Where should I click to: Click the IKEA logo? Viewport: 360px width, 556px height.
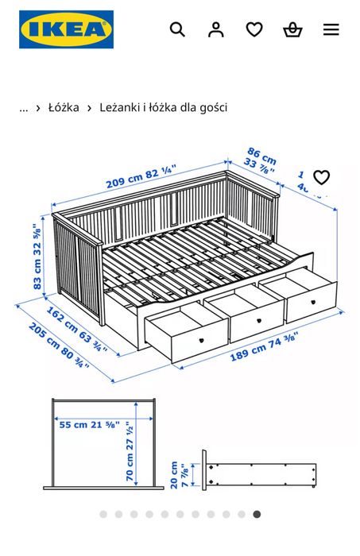tap(67, 29)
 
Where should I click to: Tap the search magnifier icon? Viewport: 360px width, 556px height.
tap(177, 29)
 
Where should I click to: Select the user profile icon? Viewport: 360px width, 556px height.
tap(215, 29)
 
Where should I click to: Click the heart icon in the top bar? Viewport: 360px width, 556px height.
tap(254, 29)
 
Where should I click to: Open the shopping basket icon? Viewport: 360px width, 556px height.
tap(292, 29)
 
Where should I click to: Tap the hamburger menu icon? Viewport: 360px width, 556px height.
tap(331, 29)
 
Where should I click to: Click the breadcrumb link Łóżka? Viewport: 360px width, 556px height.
tap(64, 107)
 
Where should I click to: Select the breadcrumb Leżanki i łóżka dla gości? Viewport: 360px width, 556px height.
tap(163, 107)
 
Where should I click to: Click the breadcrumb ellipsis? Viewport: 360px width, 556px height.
tap(23, 107)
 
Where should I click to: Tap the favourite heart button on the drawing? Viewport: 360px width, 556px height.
tap(321, 177)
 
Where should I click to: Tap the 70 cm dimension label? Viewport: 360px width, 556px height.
tap(130, 452)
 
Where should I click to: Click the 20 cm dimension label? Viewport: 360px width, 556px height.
tap(183, 476)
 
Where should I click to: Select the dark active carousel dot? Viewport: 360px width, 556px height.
tap(257, 514)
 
